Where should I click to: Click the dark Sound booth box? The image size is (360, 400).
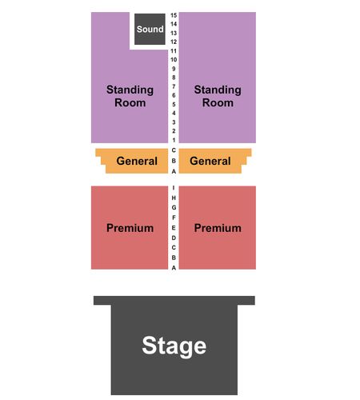click(150, 29)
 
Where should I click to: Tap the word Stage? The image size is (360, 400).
click(174, 346)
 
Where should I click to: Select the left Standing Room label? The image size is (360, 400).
click(130, 96)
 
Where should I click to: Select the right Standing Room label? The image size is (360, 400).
click(218, 96)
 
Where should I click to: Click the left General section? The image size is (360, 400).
click(132, 161)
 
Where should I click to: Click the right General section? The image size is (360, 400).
click(215, 161)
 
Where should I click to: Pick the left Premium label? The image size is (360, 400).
click(130, 228)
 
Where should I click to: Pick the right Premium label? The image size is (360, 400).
click(218, 228)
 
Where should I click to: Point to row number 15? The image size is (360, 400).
click(174, 15)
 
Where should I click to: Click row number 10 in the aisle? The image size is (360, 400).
click(174, 60)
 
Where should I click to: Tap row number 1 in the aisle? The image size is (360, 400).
click(174, 140)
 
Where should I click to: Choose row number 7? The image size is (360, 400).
click(174, 86)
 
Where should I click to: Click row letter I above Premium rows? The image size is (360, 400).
click(174, 188)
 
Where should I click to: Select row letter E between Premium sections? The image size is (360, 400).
click(174, 228)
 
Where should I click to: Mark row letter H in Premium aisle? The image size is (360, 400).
click(174, 198)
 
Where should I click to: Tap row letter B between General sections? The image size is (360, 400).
click(174, 161)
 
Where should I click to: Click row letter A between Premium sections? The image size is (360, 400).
click(174, 267)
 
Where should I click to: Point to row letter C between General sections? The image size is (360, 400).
click(174, 150)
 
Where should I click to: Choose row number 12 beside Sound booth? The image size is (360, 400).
click(174, 42)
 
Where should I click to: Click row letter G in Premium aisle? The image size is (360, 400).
click(174, 207)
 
